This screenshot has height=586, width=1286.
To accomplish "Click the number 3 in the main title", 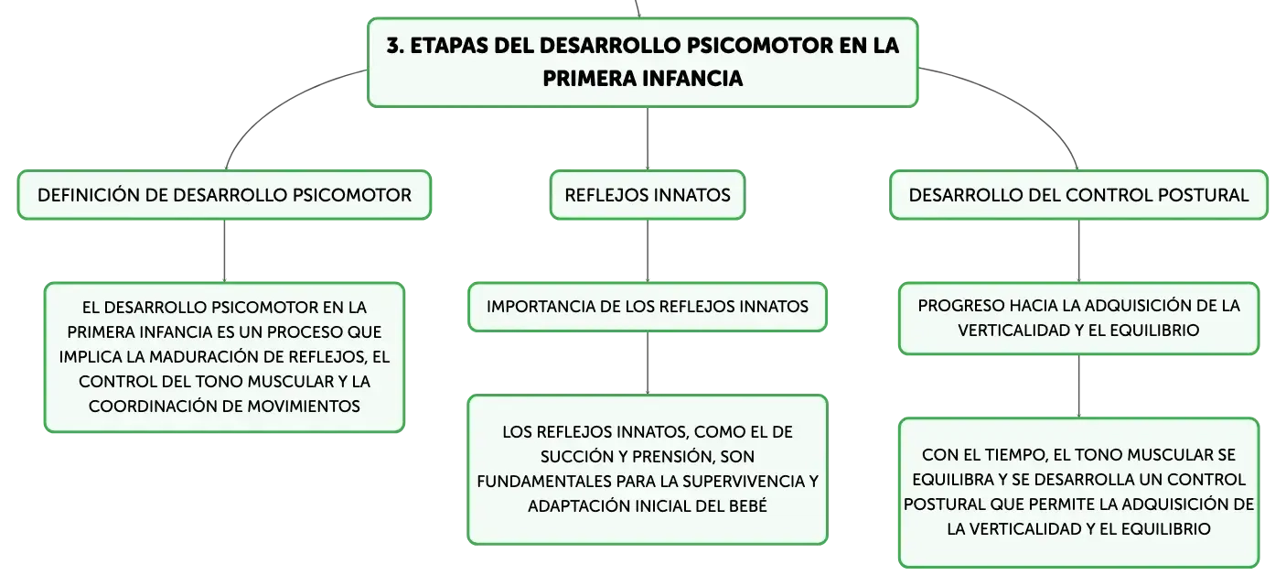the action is (393, 46).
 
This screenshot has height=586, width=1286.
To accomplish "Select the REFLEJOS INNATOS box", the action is (648, 195).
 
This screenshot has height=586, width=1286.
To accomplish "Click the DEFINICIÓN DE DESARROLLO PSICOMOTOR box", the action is (224, 195).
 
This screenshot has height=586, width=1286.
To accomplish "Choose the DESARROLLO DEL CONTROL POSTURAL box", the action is (1078, 195).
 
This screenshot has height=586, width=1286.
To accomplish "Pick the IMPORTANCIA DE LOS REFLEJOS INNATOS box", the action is (648, 307).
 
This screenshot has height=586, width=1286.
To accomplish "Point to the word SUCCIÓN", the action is (576, 457).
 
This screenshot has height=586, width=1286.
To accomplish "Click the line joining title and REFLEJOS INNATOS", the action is (648, 138).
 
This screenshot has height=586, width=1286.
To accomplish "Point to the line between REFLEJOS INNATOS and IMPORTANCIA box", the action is (648, 251).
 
